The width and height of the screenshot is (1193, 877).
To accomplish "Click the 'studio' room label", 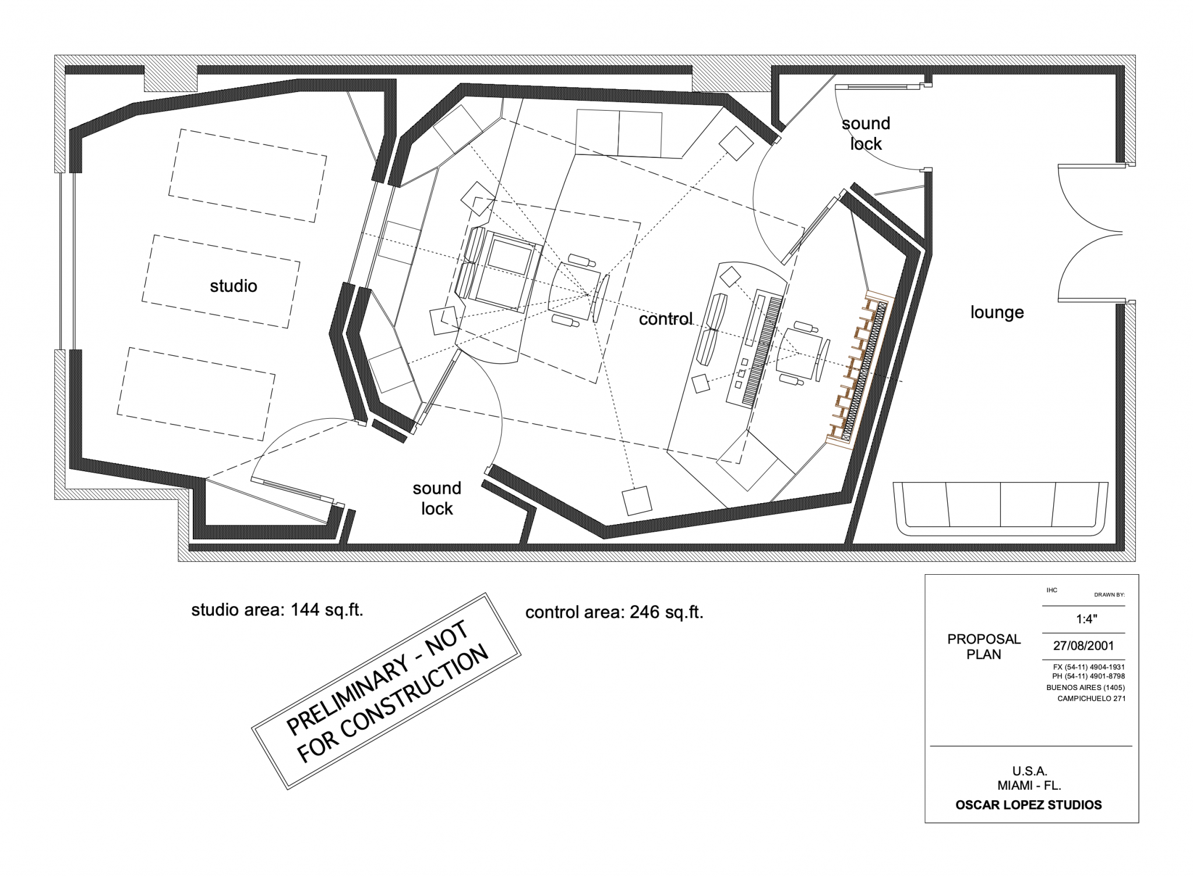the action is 234,286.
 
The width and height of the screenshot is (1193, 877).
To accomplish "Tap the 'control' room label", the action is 666,319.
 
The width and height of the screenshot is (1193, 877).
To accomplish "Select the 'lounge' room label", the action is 997,313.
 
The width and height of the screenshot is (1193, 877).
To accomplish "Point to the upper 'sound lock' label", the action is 866,133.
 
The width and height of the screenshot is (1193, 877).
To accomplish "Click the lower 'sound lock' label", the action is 437,498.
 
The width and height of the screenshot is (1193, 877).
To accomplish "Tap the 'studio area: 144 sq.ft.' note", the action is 277,610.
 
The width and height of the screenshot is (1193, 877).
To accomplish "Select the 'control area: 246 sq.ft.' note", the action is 615,613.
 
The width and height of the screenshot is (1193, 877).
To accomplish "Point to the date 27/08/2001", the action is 1083,646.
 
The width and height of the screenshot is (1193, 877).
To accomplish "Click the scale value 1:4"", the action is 1087,620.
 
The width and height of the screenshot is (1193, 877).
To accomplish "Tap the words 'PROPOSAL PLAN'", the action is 984,646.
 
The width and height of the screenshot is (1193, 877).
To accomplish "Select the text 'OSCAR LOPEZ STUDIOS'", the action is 1029,805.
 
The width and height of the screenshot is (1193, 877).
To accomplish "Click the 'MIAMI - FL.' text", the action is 1030,786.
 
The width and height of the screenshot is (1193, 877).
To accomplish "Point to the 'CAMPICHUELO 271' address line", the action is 1092,699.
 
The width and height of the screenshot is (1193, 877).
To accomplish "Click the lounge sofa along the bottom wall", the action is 1000,508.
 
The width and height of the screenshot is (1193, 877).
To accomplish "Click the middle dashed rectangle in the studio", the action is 221,281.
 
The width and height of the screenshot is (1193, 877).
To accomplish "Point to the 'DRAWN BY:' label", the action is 1109,595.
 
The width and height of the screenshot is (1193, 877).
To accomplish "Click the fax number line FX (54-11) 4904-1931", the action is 1089,667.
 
